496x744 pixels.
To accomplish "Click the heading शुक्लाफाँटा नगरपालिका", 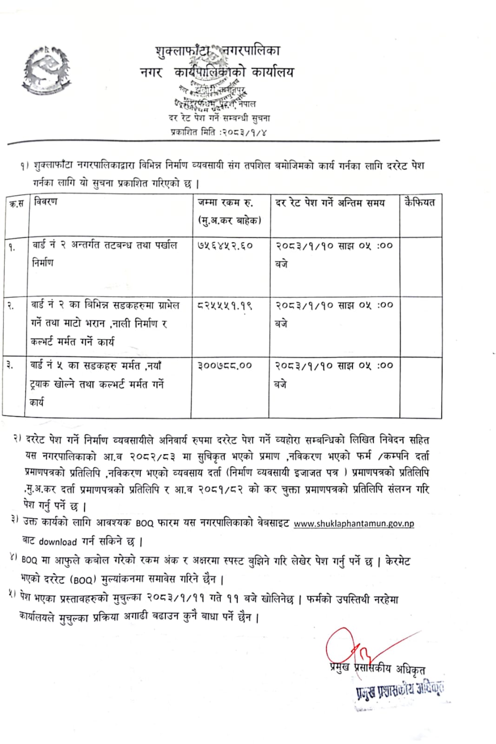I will click(x=218, y=51).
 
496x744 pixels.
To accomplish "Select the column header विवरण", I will click(x=46, y=202).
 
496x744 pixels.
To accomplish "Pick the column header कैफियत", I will click(x=420, y=202).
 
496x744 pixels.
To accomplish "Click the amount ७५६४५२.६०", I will click(x=225, y=246).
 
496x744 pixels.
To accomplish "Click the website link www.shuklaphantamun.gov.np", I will click(x=354, y=524).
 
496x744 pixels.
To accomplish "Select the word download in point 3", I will click(x=58, y=542).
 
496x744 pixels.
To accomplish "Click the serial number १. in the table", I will click(x=12, y=247).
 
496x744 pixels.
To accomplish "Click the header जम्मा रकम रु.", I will click(x=225, y=202).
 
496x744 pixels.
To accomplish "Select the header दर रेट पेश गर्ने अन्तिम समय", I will click(x=330, y=203).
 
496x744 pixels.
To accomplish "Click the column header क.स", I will click(x=16, y=204).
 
